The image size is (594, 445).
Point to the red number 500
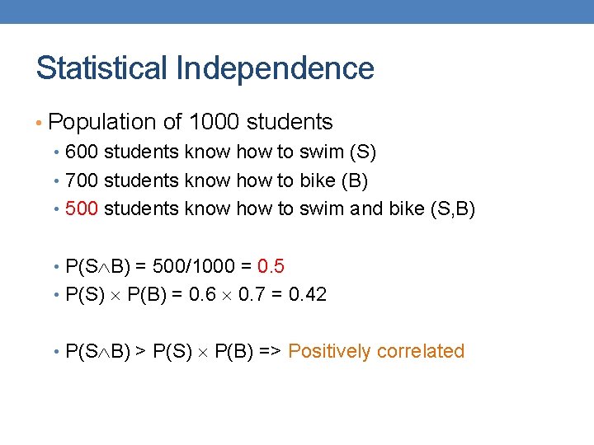(82, 208)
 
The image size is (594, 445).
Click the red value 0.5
(271, 266)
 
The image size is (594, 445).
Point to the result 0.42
(307, 294)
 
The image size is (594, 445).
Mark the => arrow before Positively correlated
(271, 351)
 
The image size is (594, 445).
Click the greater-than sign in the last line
(141, 351)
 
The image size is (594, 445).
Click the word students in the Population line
(290, 122)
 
